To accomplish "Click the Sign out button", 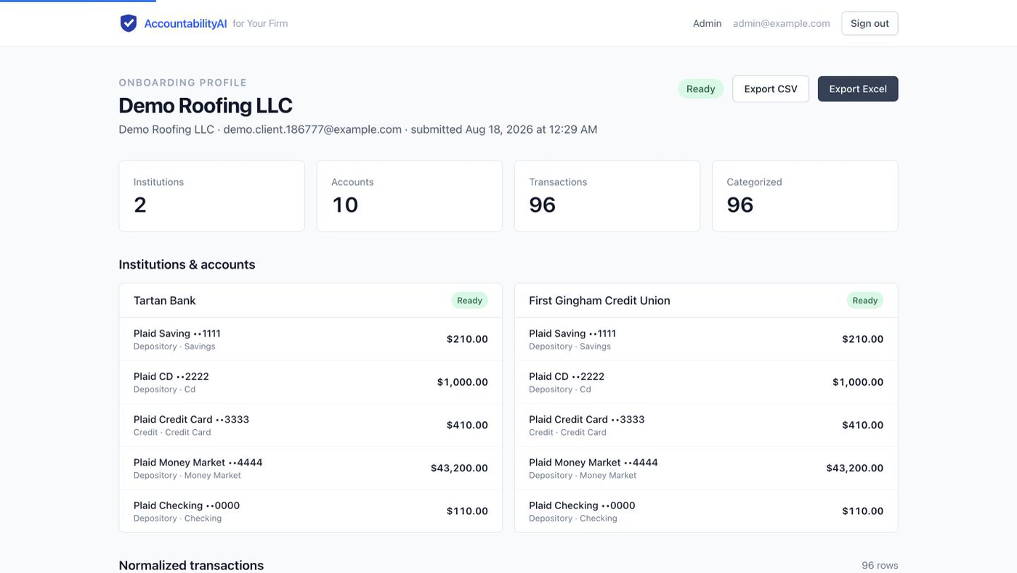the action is (870, 23).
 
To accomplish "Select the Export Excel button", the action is (858, 89).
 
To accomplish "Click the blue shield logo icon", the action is (129, 23).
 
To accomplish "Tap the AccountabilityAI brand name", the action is (185, 24).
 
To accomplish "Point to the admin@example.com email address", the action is (781, 23).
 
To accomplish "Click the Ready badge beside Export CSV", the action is (700, 89).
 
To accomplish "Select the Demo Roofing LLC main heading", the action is (205, 105).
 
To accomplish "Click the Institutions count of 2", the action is (139, 205).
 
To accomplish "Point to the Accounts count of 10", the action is (345, 205).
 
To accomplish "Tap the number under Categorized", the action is (740, 205).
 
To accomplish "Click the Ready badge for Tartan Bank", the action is (469, 300).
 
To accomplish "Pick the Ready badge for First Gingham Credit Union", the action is (865, 300).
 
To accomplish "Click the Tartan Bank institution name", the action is (164, 300).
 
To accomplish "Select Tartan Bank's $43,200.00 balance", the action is (459, 468).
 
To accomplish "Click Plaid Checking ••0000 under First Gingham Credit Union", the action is (582, 505).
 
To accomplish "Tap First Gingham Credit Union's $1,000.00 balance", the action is (858, 382).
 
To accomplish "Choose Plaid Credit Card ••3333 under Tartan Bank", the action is (191, 419).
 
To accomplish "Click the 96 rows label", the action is (880, 565).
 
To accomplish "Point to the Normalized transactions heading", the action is (191, 565).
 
